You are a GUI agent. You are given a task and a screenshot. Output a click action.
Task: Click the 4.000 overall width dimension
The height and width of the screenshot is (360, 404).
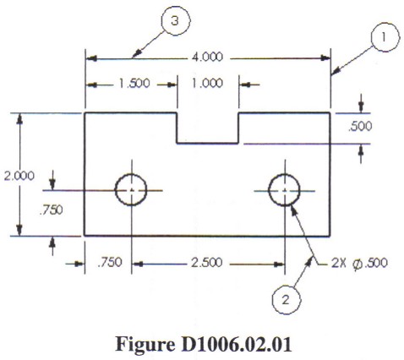point(207,57)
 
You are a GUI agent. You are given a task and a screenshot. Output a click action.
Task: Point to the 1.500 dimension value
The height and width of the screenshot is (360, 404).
point(134,84)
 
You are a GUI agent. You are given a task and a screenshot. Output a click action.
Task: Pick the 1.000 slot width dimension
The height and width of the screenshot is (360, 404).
point(207,84)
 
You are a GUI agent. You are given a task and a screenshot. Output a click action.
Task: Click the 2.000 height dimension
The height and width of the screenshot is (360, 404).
point(19,176)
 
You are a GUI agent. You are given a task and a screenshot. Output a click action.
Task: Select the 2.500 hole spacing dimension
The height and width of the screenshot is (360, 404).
point(207,263)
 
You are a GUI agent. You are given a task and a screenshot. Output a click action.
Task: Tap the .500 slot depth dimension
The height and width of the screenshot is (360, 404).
point(360,127)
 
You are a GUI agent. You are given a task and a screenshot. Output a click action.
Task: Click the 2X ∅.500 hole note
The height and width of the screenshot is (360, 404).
point(359,264)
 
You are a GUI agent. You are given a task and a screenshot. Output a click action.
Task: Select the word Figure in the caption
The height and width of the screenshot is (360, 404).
point(145,344)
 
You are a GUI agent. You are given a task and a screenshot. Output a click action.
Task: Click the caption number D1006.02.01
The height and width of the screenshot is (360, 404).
point(236,344)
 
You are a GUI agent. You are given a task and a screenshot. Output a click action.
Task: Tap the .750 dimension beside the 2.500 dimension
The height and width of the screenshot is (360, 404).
point(110,262)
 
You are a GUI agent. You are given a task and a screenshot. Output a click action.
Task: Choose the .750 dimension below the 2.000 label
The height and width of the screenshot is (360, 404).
point(51,210)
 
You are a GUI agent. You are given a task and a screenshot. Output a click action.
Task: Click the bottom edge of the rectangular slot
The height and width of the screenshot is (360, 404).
point(208,144)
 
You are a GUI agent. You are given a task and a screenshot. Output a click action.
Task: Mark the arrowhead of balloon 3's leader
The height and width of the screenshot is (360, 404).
point(136,53)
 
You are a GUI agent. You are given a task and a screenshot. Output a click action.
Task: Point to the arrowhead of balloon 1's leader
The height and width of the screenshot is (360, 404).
point(335,71)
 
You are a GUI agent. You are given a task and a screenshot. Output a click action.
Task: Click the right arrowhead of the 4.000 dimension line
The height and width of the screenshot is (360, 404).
point(325,58)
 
